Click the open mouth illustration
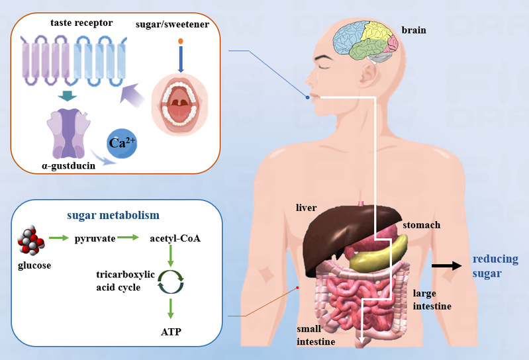pos(179,103)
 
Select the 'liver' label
pos(307,208)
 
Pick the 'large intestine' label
pos(432,299)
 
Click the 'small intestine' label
pos(316,336)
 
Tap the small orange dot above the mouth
pos(181,42)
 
